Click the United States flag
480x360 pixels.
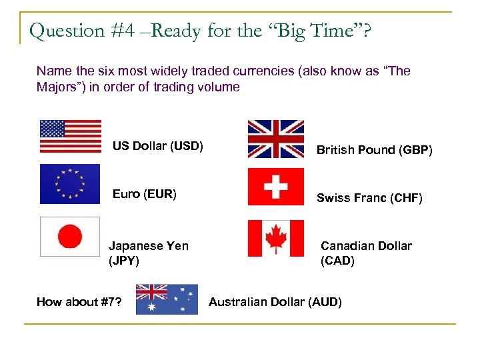pyautogui.click(x=71, y=136)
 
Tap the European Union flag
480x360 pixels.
pyautogui.click(x=70, y=183)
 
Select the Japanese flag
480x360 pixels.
pyautogui.click(x=70, y=236)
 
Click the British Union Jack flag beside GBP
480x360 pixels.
pyautogui.click(x=275, y=139)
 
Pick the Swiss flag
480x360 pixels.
pyautogui.click(x=275, y=187)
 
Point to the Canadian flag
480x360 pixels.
pyautogui.click(x=275, y=238)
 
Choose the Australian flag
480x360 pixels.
pyautogui.click(x=167, y=299)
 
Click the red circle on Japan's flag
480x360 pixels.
pyautogui.click(x=70, y=236)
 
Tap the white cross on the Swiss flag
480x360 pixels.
pyautogui.click(x=275, y=187)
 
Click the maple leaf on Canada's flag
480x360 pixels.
pyautogui.click(x=275, y=238)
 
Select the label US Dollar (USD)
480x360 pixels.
pyautogui.click(x=158, y=145)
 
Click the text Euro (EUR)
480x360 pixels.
pyautogui.click(x=145, y=194)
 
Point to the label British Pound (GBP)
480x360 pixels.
pyautogui.click(x=374, y=151)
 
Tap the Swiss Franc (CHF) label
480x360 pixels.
pyautogui.click(x=369, y=198)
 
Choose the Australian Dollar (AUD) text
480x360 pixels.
pyautogui.click(x=275, y=302)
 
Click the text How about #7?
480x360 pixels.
pyautogui.click(x=79, y=302)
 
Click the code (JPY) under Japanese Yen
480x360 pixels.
pyautogui.click(x=124, y=261)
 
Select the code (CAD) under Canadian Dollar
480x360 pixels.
pyautogui.click(x=337, y=261)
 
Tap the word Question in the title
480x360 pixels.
pyautogui.click(x=67, y=31)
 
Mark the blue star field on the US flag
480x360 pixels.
pyautogui.click(x=53, y=129)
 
